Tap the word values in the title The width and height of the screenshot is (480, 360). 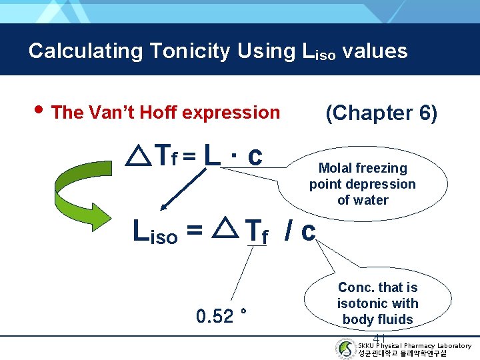374,51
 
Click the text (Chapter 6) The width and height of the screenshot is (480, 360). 381,113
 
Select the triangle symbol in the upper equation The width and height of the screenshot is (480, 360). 138,157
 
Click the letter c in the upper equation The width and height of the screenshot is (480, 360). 254,156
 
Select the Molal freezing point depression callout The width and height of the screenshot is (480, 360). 362,184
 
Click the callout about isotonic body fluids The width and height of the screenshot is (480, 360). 377,303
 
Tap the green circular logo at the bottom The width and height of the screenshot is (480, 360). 345,349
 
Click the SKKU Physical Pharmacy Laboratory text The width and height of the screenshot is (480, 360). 414,345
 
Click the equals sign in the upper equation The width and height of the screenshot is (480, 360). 189,157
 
